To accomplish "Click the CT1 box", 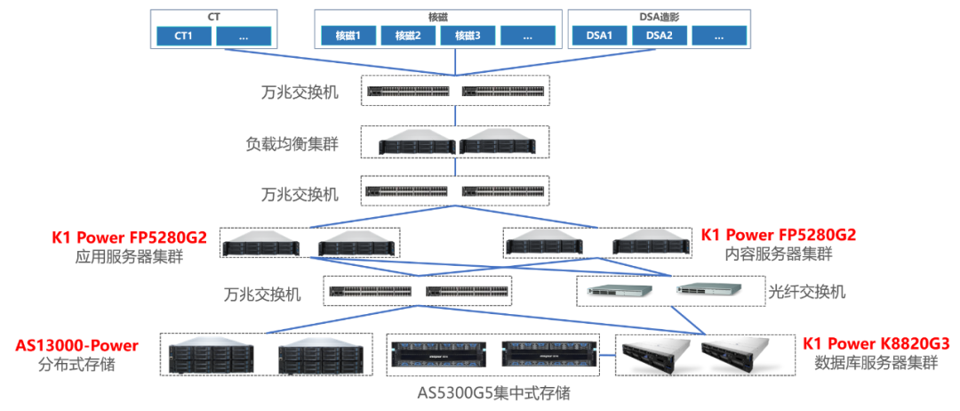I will tap(181, 36).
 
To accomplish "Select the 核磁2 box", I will tap(408, 36).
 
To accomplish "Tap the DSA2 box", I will tap(659, 36).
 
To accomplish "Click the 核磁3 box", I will tap(468, 36).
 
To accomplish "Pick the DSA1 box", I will tap(599, 36).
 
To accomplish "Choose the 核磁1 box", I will tap(348, 36).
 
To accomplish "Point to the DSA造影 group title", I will tap(659, 16).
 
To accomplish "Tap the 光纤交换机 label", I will tap(806, 291).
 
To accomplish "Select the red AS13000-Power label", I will tap(77, 345).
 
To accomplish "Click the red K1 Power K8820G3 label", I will tap(876, 343).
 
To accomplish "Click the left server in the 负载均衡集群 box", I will tap(416, 143).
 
